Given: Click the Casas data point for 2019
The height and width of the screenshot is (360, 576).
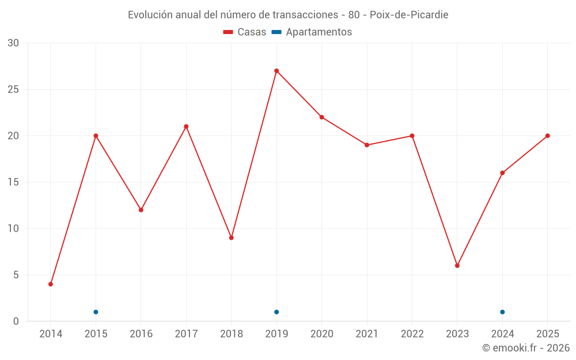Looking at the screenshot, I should [x=276, y=71].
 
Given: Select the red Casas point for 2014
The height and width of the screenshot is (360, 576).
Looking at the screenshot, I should [x=51, y=284].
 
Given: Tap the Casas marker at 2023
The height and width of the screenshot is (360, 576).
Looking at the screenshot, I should [x=457, y=266].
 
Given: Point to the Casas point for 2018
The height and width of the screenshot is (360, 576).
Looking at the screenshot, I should [x=232, y=238].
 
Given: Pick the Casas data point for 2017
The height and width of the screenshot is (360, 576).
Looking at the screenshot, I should [x=186, y=127].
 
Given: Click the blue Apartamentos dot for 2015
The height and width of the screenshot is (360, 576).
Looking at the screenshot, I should [x=96, y=312].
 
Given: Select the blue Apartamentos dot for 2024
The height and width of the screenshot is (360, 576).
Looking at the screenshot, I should [x=502, y=312].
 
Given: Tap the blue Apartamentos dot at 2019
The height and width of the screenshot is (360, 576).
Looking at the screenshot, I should [x=276, y=312].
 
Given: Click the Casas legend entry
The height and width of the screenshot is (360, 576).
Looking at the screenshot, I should [x=245, y=32].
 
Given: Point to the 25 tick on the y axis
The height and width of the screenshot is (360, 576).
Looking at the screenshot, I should [x=13, y=89].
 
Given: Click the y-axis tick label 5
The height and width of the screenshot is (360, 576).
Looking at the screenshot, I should [x=16, y=275].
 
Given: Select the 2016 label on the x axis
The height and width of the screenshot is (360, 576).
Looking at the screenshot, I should [x=141, y=334].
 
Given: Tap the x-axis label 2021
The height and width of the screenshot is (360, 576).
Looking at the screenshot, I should [x=367, y=334].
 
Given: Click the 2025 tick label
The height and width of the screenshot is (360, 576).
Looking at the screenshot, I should [x=548, y=334].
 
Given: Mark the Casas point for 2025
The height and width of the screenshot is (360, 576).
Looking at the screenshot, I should [x=548, y=136].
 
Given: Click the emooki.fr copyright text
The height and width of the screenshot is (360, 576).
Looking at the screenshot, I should [x=526, y=348].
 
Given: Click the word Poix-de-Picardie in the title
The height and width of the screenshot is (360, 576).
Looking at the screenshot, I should [x=409, y=15].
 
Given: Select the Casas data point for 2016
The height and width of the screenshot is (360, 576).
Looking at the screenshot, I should [x=141, y=210].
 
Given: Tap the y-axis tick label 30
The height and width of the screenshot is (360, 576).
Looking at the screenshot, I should [x=13, y=43].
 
